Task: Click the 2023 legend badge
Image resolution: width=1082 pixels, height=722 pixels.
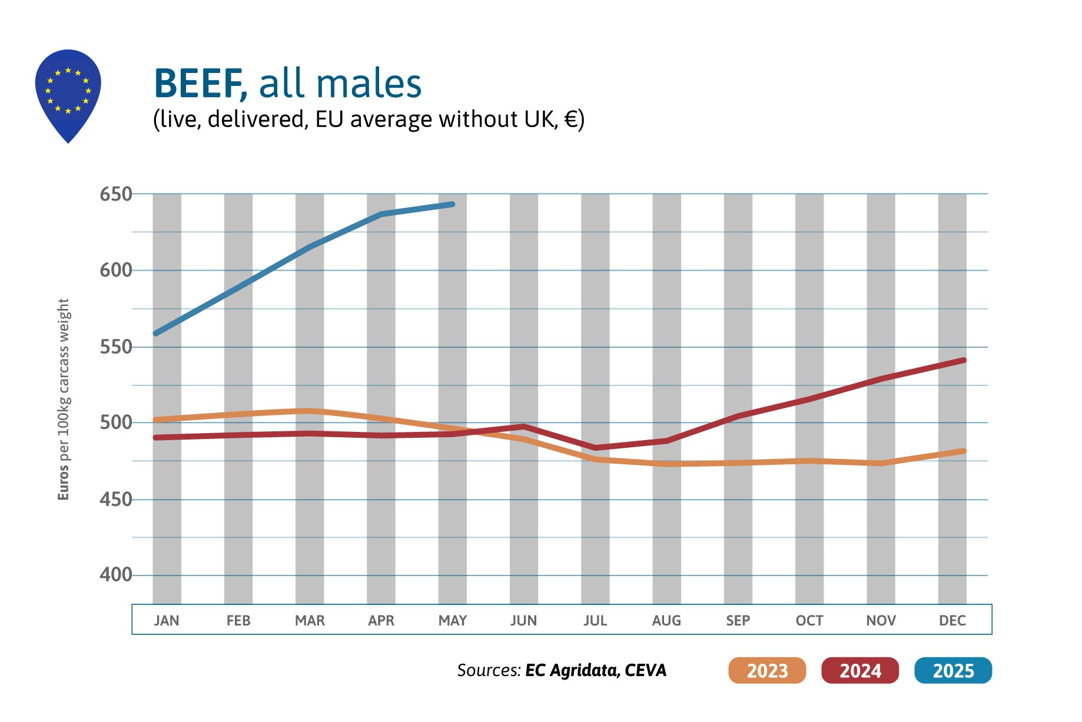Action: [x=766, y=670]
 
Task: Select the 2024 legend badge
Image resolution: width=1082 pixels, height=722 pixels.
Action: [x=859, y=670]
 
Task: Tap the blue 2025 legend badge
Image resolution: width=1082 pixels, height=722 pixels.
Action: [x=952, y=670]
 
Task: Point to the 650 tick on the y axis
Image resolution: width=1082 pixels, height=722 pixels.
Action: [x=115, y=194]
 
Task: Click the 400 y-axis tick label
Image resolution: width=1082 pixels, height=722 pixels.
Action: [x=115, y=575]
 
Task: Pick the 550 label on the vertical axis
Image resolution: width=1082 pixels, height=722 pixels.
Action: [x=115, y=347]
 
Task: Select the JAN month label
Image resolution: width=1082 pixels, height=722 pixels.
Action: [x=167, y=620]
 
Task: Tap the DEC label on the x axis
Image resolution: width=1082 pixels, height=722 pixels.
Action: [x=952, y=620]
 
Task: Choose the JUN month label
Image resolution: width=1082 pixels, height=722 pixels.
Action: [x=523, y=620]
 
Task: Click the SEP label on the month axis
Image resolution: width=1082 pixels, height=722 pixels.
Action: [x=738, y=620]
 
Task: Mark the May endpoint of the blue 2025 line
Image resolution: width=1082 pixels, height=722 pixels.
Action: [x=452, y=204]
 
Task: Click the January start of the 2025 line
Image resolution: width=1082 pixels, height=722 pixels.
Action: [x=156, y=334]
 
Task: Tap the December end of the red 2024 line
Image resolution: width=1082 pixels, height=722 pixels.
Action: [x=963, y=360]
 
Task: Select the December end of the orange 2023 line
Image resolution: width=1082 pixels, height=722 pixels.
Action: [x=963, y=451]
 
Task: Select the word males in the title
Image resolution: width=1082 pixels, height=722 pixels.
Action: [x=371, y=84]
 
